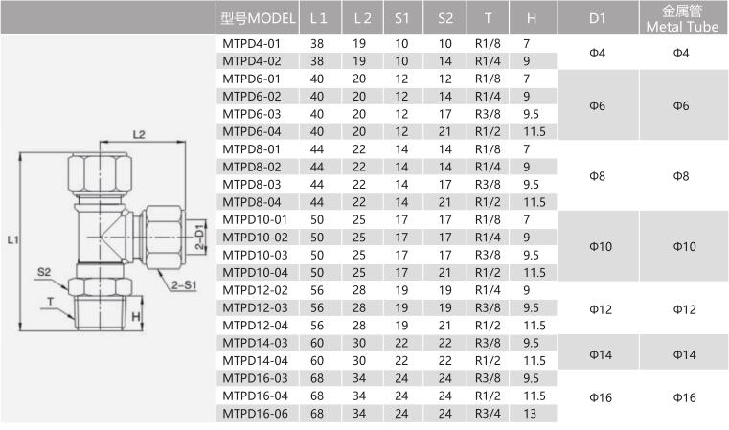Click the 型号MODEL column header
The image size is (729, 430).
(x=258, y=18)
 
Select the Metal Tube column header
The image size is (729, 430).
(x=682, y=18)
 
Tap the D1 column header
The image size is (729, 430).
(x=597, y=18)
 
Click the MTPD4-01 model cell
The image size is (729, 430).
(x=252, y=44)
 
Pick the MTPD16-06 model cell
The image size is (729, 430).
(x=255, y=414)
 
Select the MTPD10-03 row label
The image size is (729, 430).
(x=255, y=255)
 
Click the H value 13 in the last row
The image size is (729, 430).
(x=530, y=414)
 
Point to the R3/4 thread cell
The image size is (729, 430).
(x=488, y=414)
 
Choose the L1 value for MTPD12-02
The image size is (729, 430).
(x=317, y=290)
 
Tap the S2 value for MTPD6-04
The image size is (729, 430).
(x=444, y=131)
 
